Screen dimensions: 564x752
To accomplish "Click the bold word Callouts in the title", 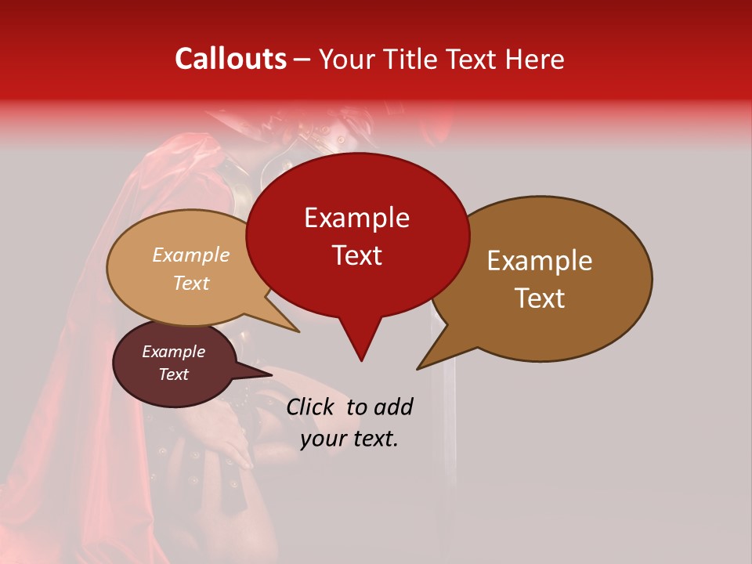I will pos(231,59).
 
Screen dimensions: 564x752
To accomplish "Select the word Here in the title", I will pos(536,60).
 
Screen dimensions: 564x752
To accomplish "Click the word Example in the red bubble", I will pos(356,218).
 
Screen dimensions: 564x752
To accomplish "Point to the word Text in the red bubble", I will pos(356,255).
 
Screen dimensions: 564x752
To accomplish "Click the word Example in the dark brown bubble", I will pos(539,261).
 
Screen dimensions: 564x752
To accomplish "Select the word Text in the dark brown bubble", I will pos(540,298).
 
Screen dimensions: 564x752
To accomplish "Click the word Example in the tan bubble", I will pos(190,255).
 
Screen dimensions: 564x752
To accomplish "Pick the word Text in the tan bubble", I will pos(190,283).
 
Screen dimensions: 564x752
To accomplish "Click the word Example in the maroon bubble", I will pos(173,352).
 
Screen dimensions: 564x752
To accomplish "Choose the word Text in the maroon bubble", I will pos(173,374).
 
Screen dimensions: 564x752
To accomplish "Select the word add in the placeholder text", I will pos(393,407).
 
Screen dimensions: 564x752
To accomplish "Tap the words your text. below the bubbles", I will pos(349,439).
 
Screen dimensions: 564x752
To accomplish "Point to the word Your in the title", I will pos(346,60).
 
